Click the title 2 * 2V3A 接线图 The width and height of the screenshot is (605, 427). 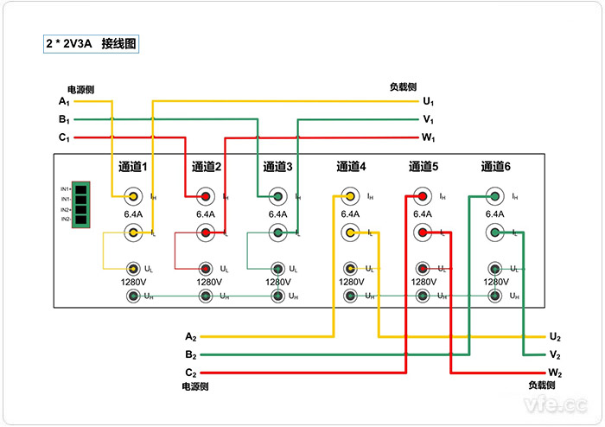coord(92,42)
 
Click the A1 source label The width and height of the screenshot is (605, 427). coord(64,102)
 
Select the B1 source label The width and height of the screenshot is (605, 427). coord(64,119)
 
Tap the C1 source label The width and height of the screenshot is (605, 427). coord(64,137)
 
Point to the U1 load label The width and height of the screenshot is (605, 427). coord(428,102)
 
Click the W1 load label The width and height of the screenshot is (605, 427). coord(428,137)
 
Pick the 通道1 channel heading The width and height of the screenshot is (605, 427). coord(133,167)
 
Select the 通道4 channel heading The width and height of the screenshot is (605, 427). coord(351,167)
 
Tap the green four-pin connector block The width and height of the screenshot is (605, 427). coord(82,204)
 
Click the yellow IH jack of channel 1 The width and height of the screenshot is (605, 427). coord(133,196)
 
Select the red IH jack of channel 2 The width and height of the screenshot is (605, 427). coord(206,196)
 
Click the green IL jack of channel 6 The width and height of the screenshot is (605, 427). coord(495,233)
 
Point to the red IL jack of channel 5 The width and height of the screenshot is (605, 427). coord(423,233)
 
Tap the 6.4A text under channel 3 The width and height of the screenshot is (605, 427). coord(277,214)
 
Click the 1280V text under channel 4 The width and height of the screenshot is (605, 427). coord(351,282)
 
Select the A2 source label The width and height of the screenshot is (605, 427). coord(191,336)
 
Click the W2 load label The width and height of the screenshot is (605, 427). coord(555,373)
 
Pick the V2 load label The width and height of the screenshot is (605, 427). coord(555,355)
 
